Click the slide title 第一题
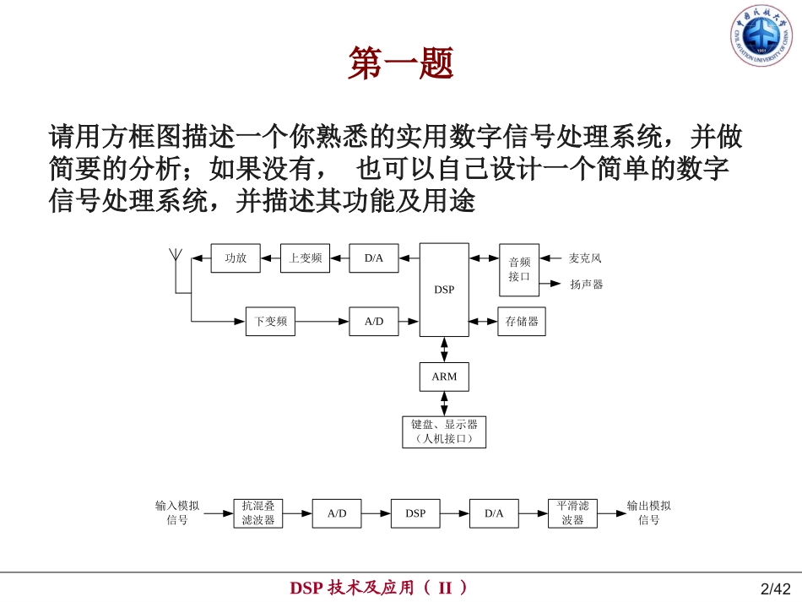(x=401, y=63)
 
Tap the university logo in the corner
(x=761, y=35)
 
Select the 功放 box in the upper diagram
(x=236, y=258)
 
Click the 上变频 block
(x=305, y=258)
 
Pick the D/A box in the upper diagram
(x=374, y=258)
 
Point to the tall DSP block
(x=444, y=290)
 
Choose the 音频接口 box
(x=519, y=270)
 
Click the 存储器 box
(x=522, y=321)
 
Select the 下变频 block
(x=271, y=321)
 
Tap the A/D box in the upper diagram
(x=374, y=321)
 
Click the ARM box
(x=444, y=377)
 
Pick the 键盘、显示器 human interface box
(x=444, y=431)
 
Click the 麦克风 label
(x=585, y=258)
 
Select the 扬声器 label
(x=587, y=285)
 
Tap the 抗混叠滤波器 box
(x=258, y=513)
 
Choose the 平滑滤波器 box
(x=572, y=513)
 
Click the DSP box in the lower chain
(x=415, y=513)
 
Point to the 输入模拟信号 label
(x=177, y=513)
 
